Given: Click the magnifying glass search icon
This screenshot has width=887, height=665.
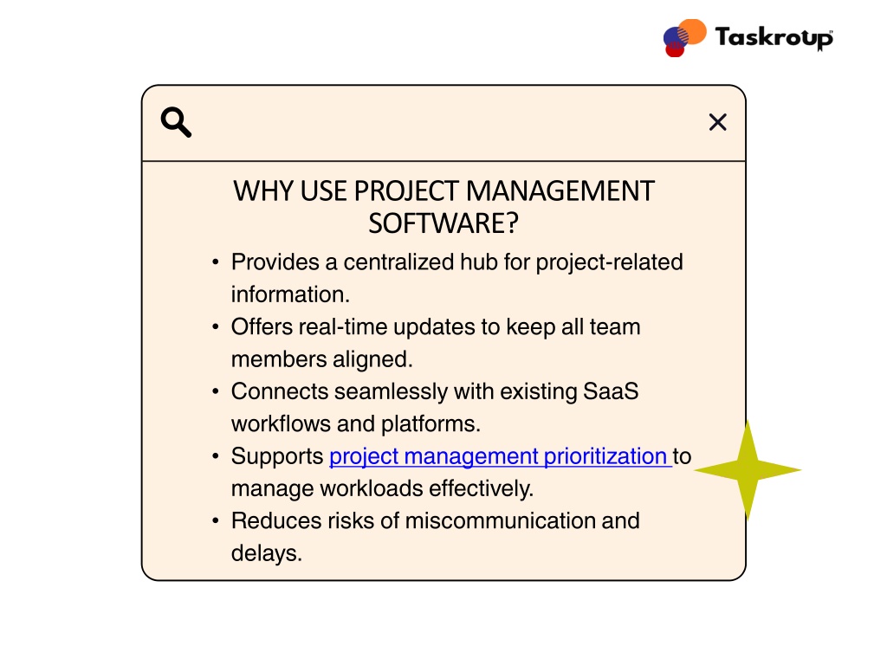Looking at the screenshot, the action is click(176, 122).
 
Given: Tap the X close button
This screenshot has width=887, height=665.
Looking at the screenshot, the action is click(718, 122).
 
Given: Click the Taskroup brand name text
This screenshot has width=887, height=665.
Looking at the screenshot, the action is click(774, 37).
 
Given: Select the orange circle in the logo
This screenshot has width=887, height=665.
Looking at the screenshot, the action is click(692, 31).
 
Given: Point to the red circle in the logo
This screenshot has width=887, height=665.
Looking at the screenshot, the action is click(674, 49).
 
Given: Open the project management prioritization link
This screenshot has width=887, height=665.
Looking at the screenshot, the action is click(500, 456).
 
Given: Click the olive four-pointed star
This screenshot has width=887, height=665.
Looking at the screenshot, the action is click(748, 470).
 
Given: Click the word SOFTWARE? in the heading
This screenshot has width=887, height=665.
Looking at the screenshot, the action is click(443, 223).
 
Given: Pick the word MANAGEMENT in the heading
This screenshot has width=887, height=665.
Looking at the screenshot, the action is click(560, 191).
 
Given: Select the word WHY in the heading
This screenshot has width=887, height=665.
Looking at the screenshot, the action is click(263, 191).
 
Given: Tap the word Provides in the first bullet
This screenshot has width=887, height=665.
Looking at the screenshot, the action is click(275, 261).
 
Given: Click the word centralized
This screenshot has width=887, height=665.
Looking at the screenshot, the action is click(398, 261).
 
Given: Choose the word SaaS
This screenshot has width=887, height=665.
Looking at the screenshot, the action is click(611, 391).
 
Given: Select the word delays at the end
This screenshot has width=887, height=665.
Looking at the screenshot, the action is click(267, 553).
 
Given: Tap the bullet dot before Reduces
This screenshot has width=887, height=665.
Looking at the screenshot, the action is click(215, 520).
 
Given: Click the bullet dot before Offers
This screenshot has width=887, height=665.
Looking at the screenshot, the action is click(215, 326).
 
